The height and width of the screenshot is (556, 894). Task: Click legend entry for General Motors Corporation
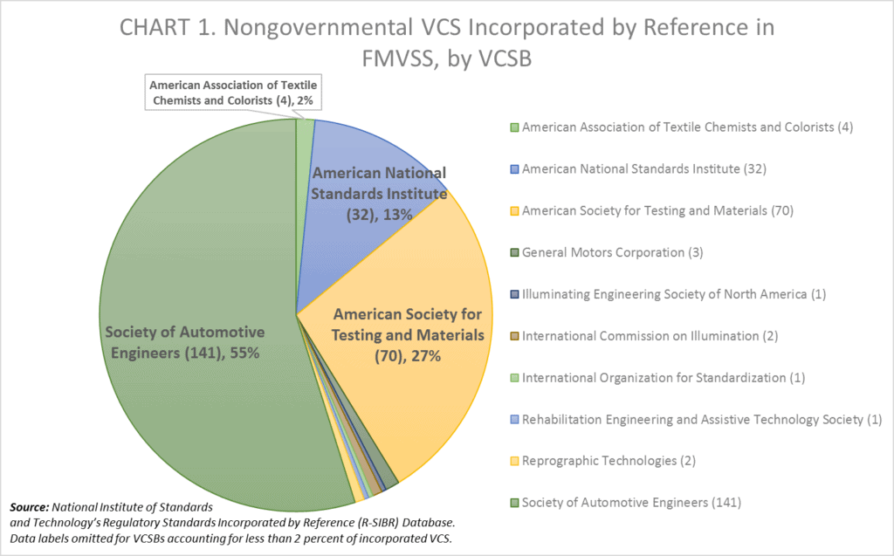[x=612, y=252]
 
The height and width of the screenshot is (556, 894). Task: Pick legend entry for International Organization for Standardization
[x=663, y=377]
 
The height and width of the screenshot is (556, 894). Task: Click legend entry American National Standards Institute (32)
[x=643, y=168]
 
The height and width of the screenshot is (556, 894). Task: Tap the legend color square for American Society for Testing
[x=515, y=210]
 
